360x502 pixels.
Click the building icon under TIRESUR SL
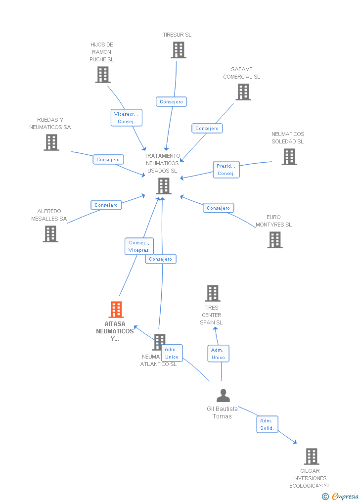point(179,50)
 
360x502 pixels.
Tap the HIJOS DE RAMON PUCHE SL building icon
point(102,75)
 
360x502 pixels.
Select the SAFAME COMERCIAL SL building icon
point(243,92)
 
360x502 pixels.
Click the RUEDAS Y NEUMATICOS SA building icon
point(51,142)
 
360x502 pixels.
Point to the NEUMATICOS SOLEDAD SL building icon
point(289,157)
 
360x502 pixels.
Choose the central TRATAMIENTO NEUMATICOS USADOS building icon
point(164,186)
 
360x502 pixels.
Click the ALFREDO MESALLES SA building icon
point(50,234)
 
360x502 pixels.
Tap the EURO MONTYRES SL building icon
point(275,240)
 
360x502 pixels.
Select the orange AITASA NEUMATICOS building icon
point(116,310)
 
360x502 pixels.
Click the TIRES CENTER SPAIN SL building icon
point(213,293)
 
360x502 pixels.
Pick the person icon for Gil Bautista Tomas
point(223,396)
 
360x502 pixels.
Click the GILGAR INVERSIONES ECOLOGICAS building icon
point(311,456)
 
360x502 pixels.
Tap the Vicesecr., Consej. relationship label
point(126,118)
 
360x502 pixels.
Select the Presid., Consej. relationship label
point(226,170)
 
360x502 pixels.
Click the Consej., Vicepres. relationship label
point(139,246)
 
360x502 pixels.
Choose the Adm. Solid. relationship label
point(267,424)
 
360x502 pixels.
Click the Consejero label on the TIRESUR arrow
point(171,102)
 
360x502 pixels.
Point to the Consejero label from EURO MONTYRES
point(218,208)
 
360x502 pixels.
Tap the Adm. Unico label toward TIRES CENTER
point(218,354)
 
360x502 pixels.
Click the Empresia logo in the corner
point(344,497)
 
